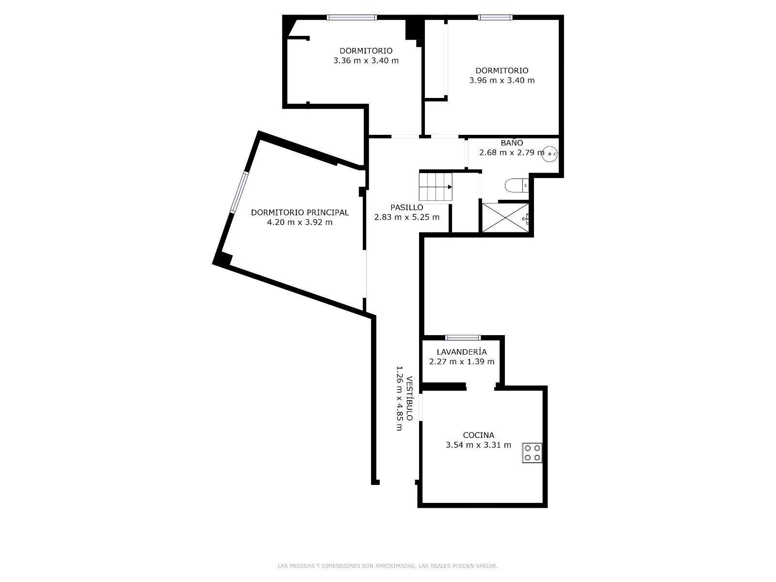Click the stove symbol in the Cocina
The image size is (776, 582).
coord(532,453)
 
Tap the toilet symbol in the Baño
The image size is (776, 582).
coord(517,186)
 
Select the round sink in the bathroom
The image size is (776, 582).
coord(550,154)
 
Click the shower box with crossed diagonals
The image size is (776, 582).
coord(505,218)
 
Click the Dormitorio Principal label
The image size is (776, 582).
coord(300,212)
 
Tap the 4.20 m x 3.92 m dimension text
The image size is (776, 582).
coord(300,222)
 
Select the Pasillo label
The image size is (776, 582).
coord(406,208)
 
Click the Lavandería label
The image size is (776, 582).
coord(462,352)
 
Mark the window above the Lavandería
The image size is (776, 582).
coord(463,338)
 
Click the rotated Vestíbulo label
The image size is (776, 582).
coord(409,398)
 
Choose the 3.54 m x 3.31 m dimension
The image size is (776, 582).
coord(478,445)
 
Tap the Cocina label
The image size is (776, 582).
coord(478,435)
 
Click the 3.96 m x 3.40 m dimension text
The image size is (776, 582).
coord(501,80)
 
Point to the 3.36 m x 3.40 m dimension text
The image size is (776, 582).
coord(366,61)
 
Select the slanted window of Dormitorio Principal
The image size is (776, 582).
coord(239,192)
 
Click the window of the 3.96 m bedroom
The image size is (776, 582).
coord(495,17)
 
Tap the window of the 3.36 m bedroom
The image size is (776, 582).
coord(352,17)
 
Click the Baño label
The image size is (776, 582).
coord(512,143)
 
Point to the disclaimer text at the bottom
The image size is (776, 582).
coord(388,566)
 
